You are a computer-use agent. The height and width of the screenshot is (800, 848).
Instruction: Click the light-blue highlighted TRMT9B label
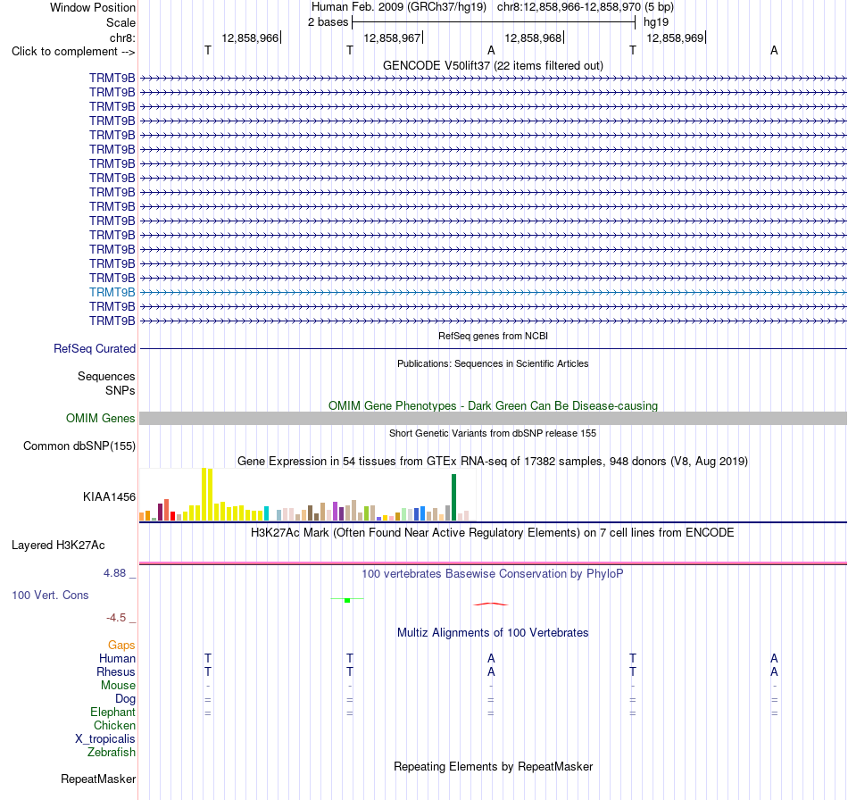pyautogui.click(x=112, y=292)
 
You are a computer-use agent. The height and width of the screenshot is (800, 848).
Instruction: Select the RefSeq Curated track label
pyautogui.click(x=95, y=348)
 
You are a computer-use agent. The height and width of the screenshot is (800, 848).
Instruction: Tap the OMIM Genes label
pyautogui.click(x=101, y=418)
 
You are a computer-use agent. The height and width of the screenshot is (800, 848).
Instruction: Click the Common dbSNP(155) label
pyautogui.click(x=79, y=446)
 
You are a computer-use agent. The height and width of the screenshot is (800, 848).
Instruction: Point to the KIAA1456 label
pyautogui.click(x=109, y=496)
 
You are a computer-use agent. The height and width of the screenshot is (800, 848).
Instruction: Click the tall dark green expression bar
pyautogui.click(x=453, y=497)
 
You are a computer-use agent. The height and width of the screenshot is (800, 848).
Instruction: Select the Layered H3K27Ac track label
pyautogui.click(x=58, y=545)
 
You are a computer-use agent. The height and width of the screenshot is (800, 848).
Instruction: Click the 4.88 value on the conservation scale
pyautogui.click(x=114, y=573)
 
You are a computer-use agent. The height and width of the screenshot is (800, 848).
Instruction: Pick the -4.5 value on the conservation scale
pyautogui.click(x=116, y=618)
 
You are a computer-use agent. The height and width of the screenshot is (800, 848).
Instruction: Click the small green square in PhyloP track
pyautogui.click(x=347, y=600)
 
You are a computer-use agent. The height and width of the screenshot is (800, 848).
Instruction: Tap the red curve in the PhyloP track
pyautogui.click(x=491, y=604)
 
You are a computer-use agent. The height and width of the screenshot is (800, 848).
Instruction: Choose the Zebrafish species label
pyautogui.click(x=112, y=752)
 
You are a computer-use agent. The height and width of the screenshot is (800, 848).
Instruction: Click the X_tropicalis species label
pyautogui.click(x=105, y=739)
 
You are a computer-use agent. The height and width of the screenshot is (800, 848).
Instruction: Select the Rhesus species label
pyautogui.click(x=116, y=671)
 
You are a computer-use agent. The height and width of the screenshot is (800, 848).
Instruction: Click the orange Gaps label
pyautogui.click(x=121, y=645)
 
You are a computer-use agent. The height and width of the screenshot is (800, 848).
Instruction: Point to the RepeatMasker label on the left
pyautogui.click(x=98, y=779)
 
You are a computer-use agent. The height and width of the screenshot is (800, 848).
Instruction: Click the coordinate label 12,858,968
pyautogui.click(x=533, y=37)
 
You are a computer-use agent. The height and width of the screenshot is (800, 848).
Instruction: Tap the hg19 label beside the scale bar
pyautogui.click(x=656, y=22)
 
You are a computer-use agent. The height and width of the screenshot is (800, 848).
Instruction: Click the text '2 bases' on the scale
pyautogui.click(x=328, y=22)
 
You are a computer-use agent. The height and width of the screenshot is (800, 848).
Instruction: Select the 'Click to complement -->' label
pyautogui.click(x=73, y=52)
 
